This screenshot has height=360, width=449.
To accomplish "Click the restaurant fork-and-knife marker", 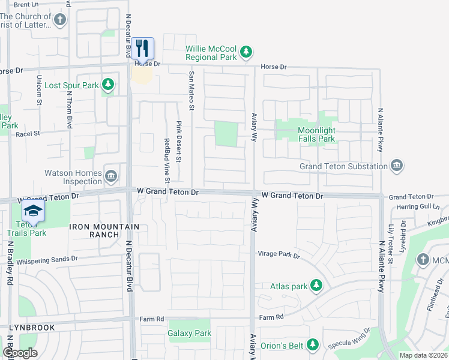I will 142,47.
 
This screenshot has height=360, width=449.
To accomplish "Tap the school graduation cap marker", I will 33,211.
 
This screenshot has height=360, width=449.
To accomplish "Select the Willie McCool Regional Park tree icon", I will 246,53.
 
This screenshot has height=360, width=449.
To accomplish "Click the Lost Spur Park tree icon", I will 108,85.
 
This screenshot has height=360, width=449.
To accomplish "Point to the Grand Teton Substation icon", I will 396,166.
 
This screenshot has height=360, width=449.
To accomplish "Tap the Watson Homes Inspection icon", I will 111,176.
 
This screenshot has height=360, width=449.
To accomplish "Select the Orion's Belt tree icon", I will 312,345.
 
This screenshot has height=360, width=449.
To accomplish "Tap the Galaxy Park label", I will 190,333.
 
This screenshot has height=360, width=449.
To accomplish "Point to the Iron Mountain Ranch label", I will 105,230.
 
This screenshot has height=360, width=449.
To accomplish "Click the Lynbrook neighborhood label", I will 32,328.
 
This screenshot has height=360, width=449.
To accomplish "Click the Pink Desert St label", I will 179,141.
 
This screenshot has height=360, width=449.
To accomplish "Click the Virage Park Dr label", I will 279,254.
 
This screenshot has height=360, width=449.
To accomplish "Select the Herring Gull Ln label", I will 419,206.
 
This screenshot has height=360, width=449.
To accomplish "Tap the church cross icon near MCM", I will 424,259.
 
